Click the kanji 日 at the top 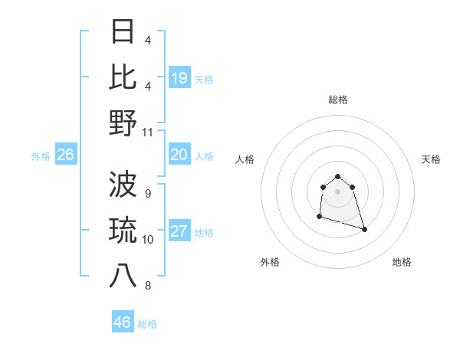123,32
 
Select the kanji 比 123,77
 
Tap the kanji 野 123,123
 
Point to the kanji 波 123,184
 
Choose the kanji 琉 123,230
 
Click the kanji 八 123,276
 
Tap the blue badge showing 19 179,78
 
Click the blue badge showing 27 179,232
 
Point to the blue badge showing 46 123,322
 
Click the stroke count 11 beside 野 148,132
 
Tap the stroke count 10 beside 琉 148,240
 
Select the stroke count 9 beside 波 148,193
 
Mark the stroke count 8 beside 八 148,286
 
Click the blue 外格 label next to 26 41,156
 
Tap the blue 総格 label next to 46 147,324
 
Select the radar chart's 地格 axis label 402,262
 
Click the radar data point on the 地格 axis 364,229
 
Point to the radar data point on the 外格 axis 319,217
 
